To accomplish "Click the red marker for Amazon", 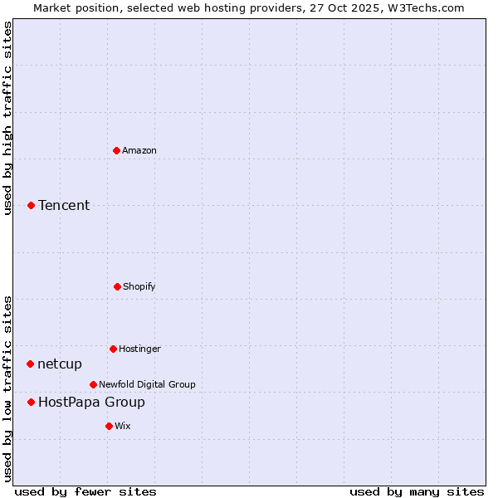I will click(x=116, y=150).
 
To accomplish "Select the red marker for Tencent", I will click(x=31, y=205).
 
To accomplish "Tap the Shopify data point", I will click(x=117, y=286).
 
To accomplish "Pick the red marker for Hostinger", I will click(x=113, y=349).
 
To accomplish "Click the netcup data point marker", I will click(x=30, y=364).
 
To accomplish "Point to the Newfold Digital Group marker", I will click(x=93, y=384).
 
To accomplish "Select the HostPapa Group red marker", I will click(x=31, y=402).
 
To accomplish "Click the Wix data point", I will click(x=109, y=426).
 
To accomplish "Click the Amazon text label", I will click(x=139, y=150).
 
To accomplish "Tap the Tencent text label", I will click(x=64, y=206).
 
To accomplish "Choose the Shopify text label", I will click(x=139, y=286).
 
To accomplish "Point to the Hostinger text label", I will click(x=139, y=349).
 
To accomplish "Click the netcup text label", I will click(x=60, y=364).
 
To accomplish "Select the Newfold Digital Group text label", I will click(x=147, y=384).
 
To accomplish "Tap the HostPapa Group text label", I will click(x=91, y=403).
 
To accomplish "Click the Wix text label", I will click(x=123, y=426).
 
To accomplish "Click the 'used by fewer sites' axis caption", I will click(x=85, y=491).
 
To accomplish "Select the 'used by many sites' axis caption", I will click(x=417, y=491).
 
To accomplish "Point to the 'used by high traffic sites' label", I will click(x=8, y=118).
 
